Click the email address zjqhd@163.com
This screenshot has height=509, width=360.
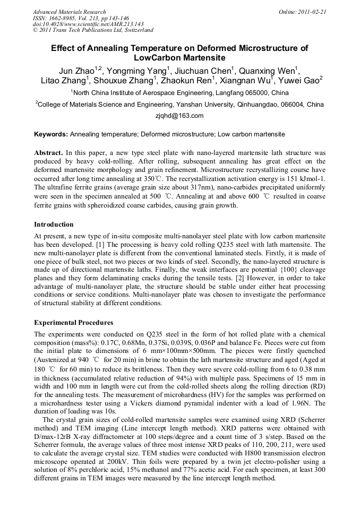pyautogui.click(x=179, y=115)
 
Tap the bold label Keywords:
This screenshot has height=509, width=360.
pyautogui.click(x=51, y=134)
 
